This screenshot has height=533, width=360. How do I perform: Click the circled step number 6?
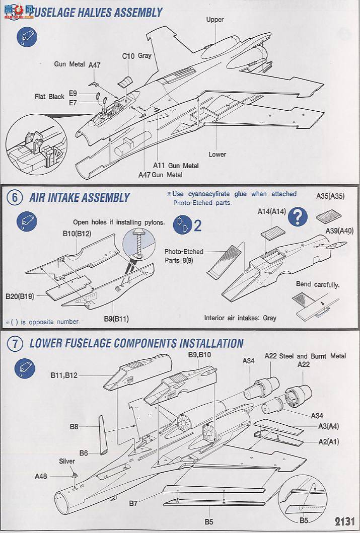15,198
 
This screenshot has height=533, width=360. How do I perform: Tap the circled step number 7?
15,344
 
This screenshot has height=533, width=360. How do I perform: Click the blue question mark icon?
299,217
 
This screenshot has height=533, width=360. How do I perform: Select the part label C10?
128,56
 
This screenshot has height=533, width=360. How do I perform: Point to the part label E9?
73,94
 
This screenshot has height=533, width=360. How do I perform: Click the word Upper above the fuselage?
215,20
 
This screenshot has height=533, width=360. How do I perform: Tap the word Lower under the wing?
218,155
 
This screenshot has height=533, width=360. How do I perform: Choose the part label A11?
159,166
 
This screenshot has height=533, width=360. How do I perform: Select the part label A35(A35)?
330,196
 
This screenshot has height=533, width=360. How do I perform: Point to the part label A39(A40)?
339,231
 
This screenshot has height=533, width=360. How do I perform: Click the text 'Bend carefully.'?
318,285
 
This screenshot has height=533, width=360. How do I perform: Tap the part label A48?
41,476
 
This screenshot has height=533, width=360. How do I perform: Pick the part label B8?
74,427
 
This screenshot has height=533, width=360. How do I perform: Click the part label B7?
133,503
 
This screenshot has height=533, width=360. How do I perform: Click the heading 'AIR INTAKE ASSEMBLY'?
80,198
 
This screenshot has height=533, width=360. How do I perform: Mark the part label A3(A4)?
328,426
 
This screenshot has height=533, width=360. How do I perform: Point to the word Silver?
67,461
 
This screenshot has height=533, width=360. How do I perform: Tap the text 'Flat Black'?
49,97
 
